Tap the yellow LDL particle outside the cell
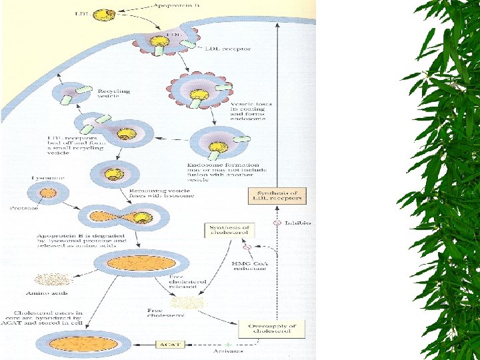pos(103,13)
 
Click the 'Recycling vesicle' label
pos(114,93)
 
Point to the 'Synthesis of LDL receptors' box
pos(278,196)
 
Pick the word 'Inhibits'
pos(299,222)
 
